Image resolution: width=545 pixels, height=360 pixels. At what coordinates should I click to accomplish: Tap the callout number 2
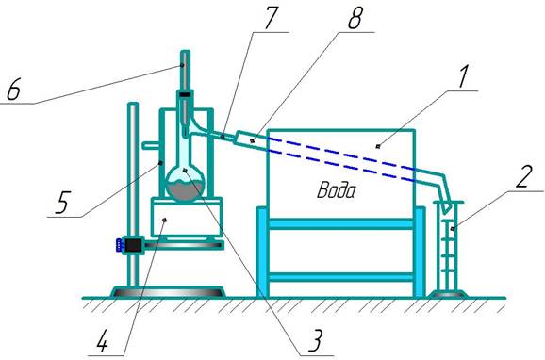tap(523, 177)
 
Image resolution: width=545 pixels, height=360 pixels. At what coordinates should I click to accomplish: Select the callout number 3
tap(315, 340)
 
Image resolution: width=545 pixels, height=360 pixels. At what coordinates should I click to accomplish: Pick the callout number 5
tap(62, 202)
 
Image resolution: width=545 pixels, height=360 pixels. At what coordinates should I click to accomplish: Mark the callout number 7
tap(272, 17)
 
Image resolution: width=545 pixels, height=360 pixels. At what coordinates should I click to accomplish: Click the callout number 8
tap(355, 17)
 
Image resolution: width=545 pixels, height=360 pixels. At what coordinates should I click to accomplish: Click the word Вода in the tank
tap(337, 190)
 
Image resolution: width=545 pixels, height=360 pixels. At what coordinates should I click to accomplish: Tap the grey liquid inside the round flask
tap(185, 190)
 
